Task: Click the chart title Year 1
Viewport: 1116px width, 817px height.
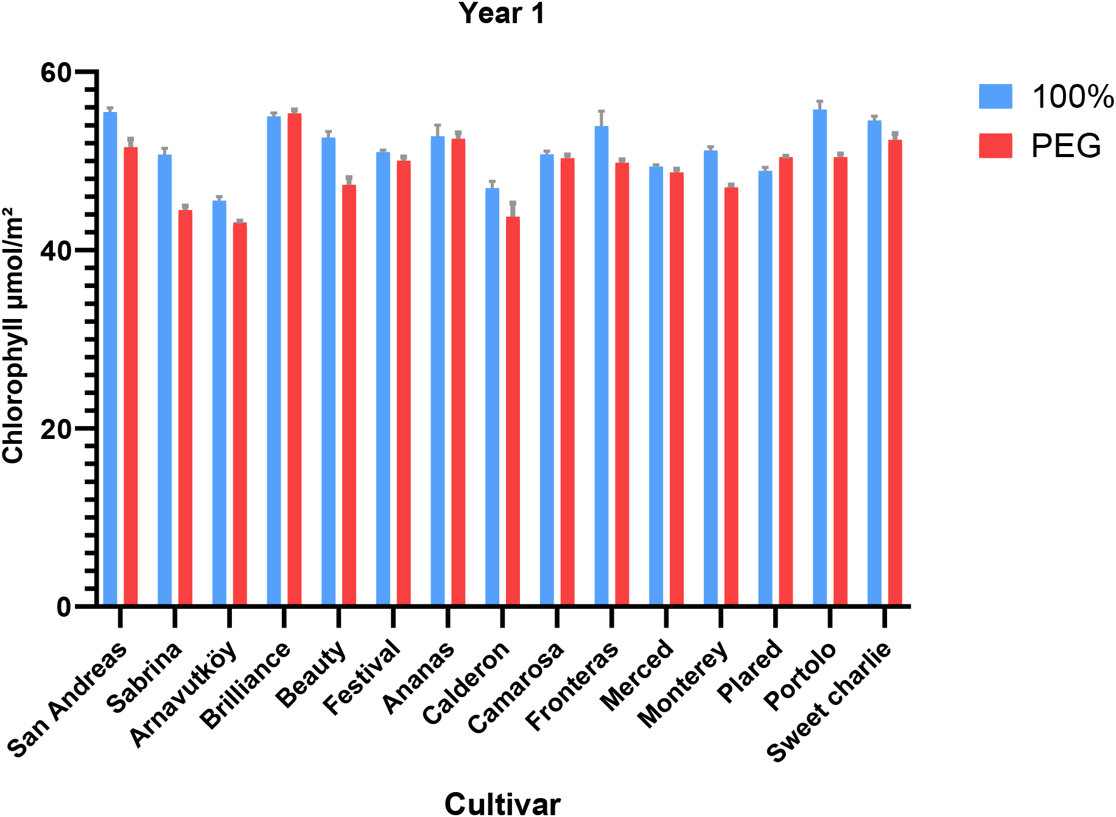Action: coord(502,13)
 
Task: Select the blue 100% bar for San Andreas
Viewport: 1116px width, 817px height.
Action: coord(110,359)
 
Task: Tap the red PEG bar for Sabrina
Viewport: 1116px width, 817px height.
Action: coord(185,408)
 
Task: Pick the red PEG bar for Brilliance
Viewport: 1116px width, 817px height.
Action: coord(295,359)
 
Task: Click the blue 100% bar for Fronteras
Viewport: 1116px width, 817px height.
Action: coord(602,365)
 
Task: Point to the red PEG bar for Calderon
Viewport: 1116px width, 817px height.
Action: coord(513,411)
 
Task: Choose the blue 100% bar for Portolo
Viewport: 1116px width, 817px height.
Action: coord(819,358)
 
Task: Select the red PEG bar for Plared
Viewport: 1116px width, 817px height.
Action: coord(785,381)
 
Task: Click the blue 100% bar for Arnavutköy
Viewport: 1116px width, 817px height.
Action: coord(219,403)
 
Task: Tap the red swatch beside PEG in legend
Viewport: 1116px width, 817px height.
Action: coord(995,146)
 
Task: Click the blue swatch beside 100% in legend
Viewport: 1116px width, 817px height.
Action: coord(995,96)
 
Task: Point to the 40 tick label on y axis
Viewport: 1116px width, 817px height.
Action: coord(56,251)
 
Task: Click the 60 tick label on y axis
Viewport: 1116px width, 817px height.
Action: coord(56,72)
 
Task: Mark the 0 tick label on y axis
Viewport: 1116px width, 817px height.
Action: coord(64,607)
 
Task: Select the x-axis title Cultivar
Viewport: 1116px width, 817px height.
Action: coord(502,804)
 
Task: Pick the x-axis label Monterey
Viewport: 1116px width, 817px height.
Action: coord(683,684)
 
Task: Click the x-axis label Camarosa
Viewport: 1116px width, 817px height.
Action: coord(516,688)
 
